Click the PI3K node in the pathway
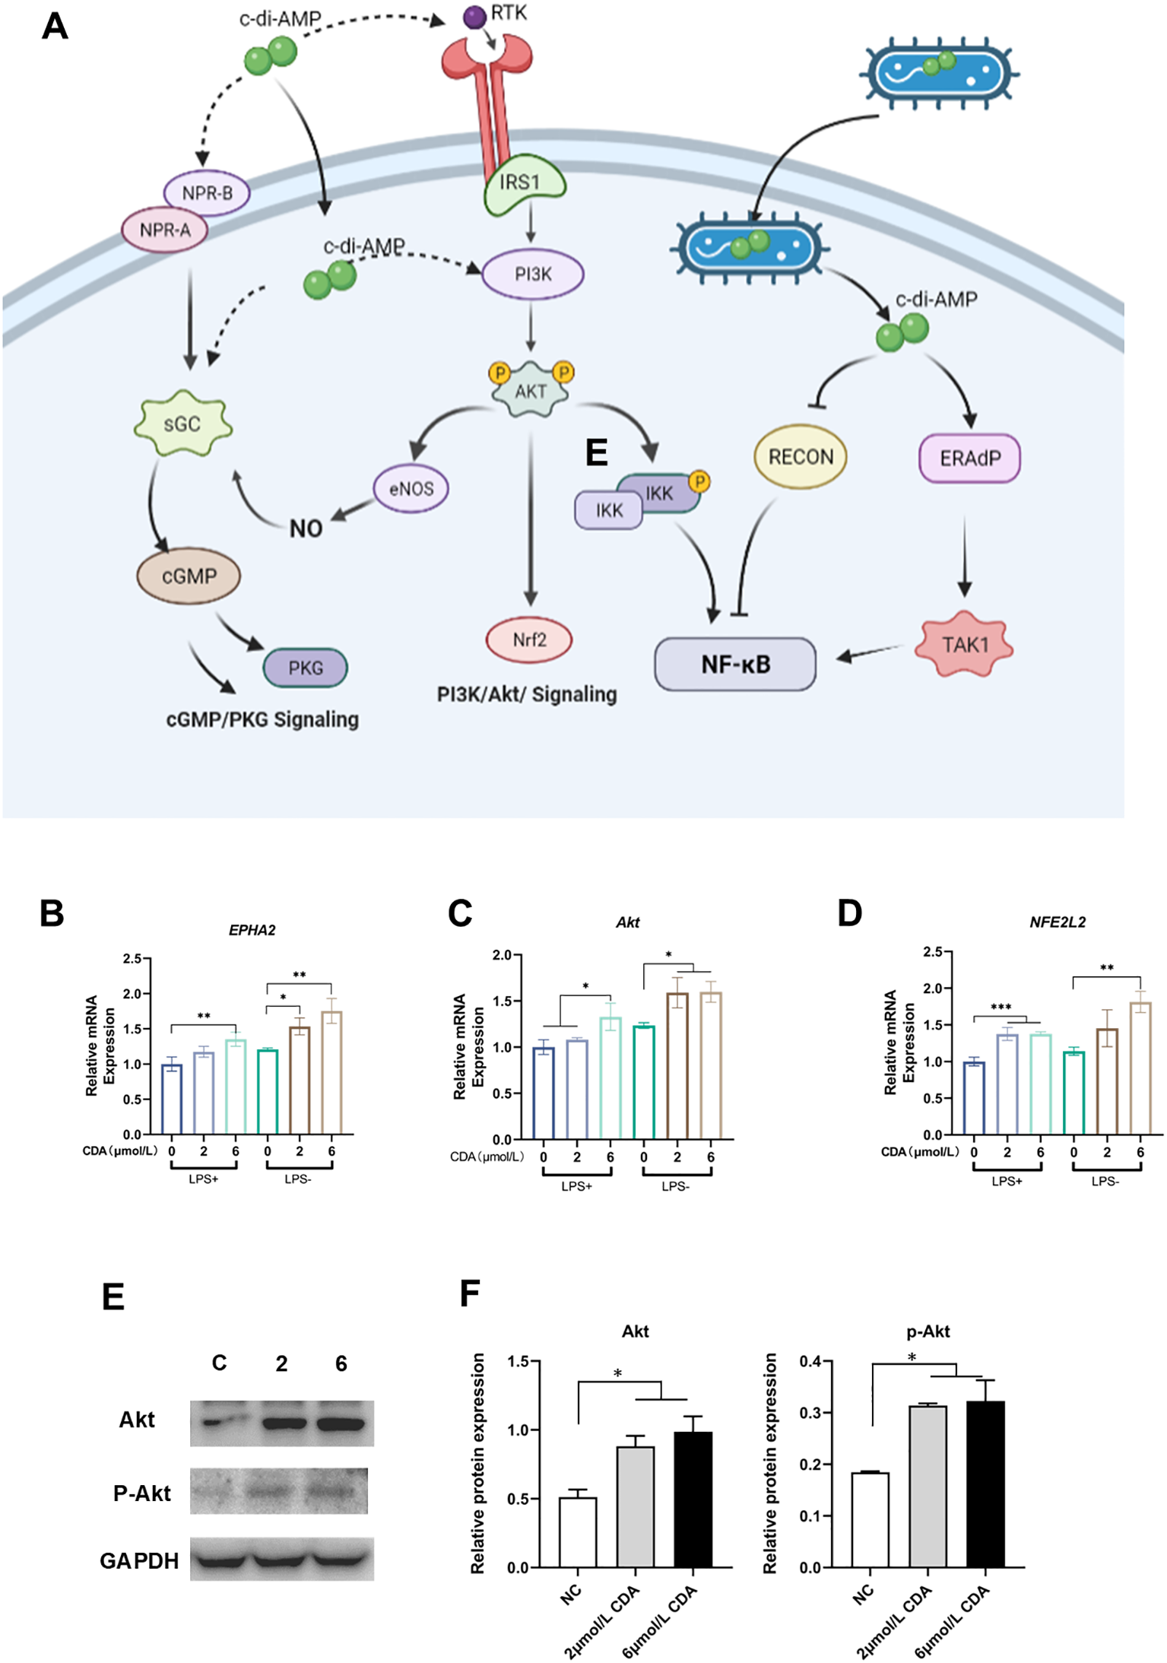532,275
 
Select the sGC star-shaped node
182,424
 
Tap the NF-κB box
734,665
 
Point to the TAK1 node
964,645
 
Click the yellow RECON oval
800,457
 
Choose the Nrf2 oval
529,639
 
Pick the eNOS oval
411,488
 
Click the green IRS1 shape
523,185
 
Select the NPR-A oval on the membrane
165,230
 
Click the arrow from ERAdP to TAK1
964,555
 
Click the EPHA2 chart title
252,930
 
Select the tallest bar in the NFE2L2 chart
1140,1068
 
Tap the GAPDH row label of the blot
139,1560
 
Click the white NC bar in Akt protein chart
578,1532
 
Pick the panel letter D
849,912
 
